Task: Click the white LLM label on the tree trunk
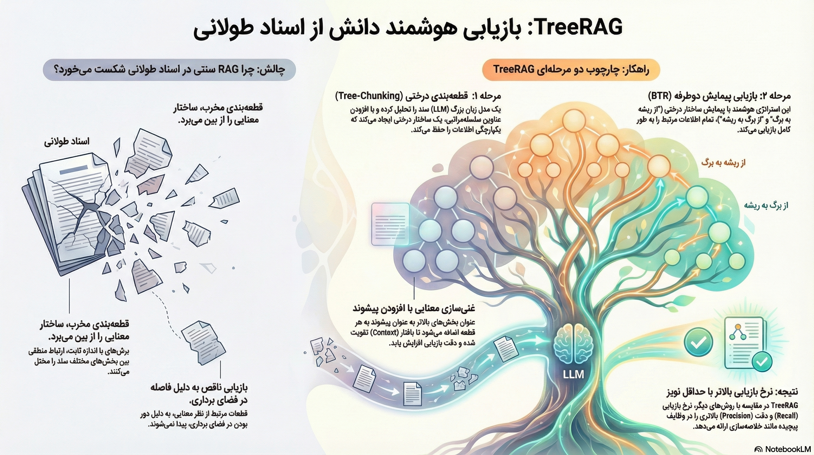tap(573, 375)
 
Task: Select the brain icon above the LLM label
tap(574, 345)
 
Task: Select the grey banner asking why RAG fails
tap(169, 69)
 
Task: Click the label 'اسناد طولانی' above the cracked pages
tap(67, 141)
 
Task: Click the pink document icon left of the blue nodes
tap(390, 224)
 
